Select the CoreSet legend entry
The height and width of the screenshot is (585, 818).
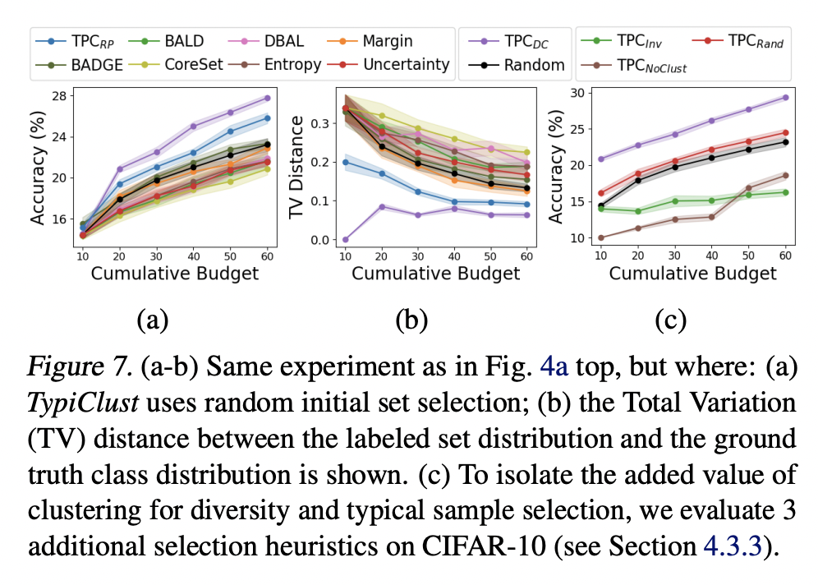187,64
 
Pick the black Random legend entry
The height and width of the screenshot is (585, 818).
526,65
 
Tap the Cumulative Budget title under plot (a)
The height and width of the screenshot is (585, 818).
175,274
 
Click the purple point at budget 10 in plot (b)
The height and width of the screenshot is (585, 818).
347,239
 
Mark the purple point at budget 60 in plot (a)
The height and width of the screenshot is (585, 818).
267,98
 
